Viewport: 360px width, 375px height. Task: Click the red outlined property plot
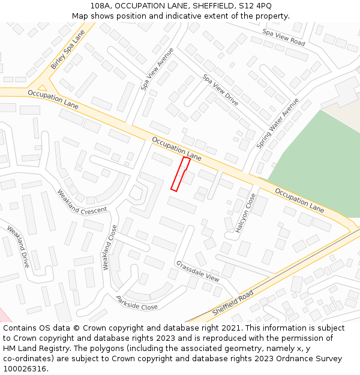point(181,174)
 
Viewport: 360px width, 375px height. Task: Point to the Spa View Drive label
point(221,90)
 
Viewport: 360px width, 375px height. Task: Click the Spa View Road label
point(284,38)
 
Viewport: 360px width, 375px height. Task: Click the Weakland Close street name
point(110,247)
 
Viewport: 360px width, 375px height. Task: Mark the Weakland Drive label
point(18,246)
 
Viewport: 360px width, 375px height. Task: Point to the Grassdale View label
point(197,271)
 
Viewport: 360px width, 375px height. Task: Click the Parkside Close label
point(137,302)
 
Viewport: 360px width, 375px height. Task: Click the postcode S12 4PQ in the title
point(256,6)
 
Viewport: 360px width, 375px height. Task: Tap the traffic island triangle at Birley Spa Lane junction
point(42,86)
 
